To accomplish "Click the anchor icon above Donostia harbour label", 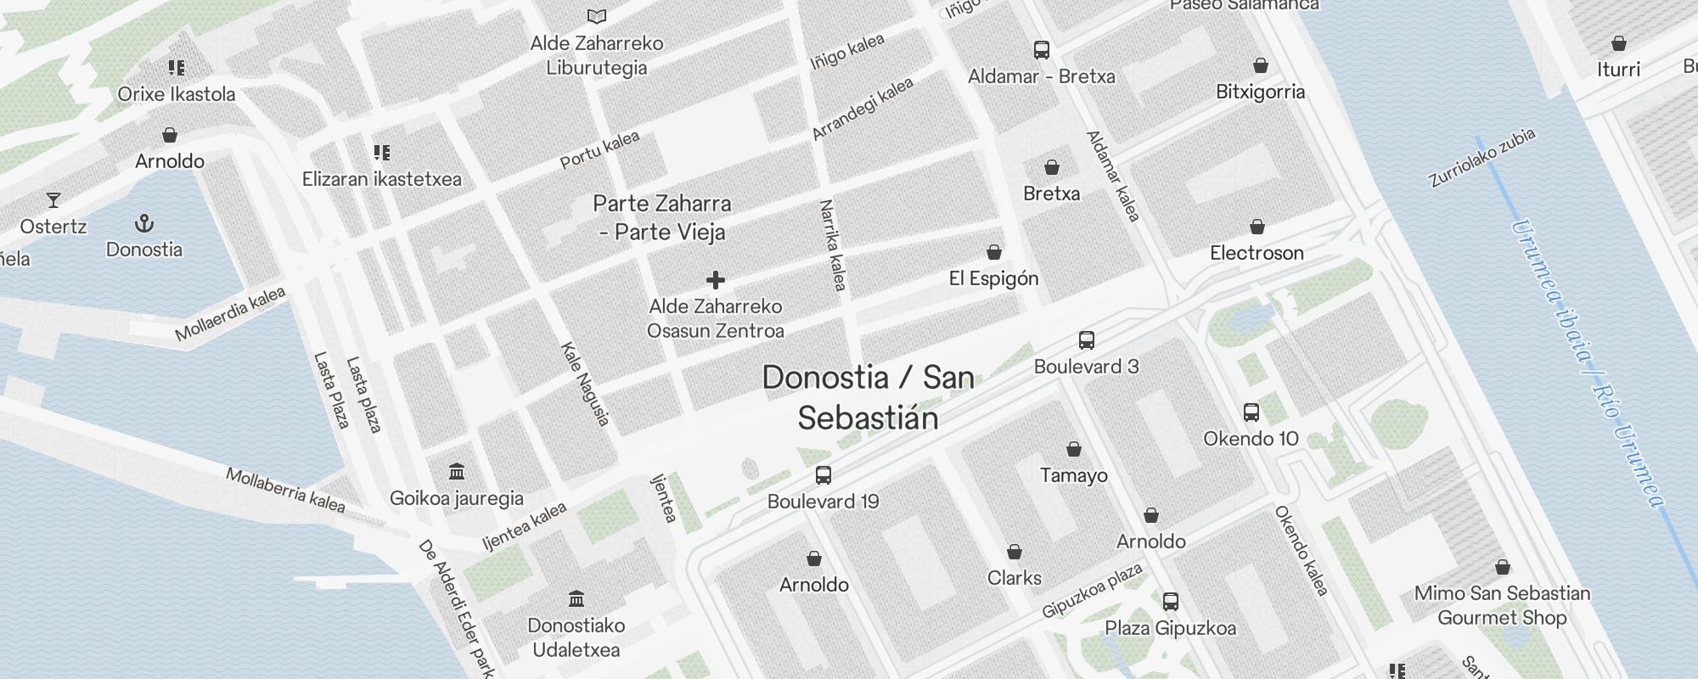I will [144, 224].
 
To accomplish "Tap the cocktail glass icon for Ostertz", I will [53, 200].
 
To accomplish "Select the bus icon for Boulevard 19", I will [823, 475].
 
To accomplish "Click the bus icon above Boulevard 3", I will [1086, 340].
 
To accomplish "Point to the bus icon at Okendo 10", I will [1251, 412].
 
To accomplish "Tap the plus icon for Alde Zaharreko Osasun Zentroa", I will [716, 280].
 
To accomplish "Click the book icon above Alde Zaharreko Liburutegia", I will [597, 16].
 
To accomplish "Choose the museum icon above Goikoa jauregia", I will [457, 472].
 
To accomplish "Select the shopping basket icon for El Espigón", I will [993, 253].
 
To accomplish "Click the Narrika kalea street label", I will [832, 245].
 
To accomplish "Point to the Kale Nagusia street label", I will [585, 384].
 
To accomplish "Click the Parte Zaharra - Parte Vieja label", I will [662, 217].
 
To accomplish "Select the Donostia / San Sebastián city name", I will [868, 397].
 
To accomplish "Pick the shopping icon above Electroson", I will [1257, 227].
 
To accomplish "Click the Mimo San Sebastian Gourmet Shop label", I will [1502, 605].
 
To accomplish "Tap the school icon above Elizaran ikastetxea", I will [382, 153].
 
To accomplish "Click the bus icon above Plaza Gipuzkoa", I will [1170, 602].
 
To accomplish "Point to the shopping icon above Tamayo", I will [1073, 449].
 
